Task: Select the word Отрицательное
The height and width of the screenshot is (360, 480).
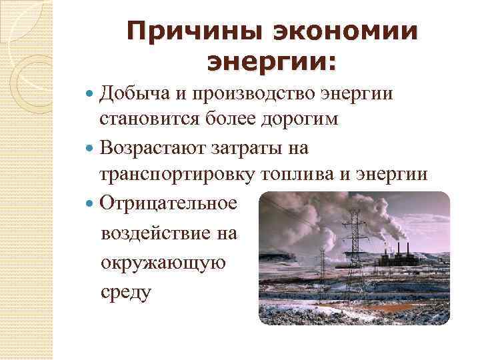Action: click(168, 201)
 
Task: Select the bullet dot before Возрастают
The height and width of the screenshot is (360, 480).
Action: click(91, 148)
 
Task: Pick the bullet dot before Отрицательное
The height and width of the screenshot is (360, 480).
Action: click(91, 202)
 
